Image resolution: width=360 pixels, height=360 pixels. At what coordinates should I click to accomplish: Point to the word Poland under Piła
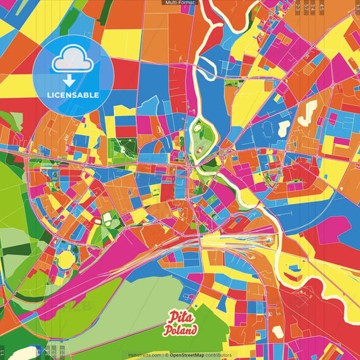pos(180,331)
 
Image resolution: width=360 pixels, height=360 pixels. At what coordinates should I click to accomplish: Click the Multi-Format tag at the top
pos(180,3)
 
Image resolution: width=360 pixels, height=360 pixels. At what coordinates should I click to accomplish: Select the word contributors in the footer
pos(218,355)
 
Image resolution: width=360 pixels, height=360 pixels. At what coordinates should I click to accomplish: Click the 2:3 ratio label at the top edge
pos(298,7)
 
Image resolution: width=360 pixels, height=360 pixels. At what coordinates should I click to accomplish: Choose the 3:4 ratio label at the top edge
pos(311,7)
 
